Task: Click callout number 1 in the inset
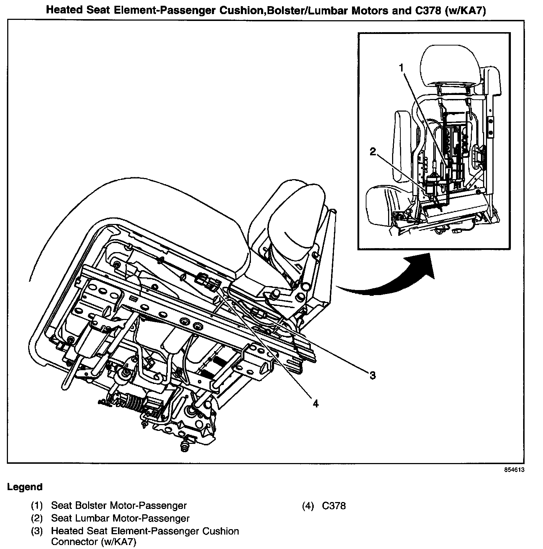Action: tap(401, 68)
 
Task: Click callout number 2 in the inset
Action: tap(373, 152)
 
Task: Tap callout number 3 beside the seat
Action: tap(373, 375)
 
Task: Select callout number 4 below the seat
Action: tap(315, 404)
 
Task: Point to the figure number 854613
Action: tap(514, 470)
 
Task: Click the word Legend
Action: tap(25, 487)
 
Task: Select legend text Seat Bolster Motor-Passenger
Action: tap(119, 506)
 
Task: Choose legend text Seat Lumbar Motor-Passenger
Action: tap(120, 518)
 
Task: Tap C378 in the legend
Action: tap(334, 506)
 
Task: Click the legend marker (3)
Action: tap(37, 531)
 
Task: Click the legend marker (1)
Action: tap(37, 506)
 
